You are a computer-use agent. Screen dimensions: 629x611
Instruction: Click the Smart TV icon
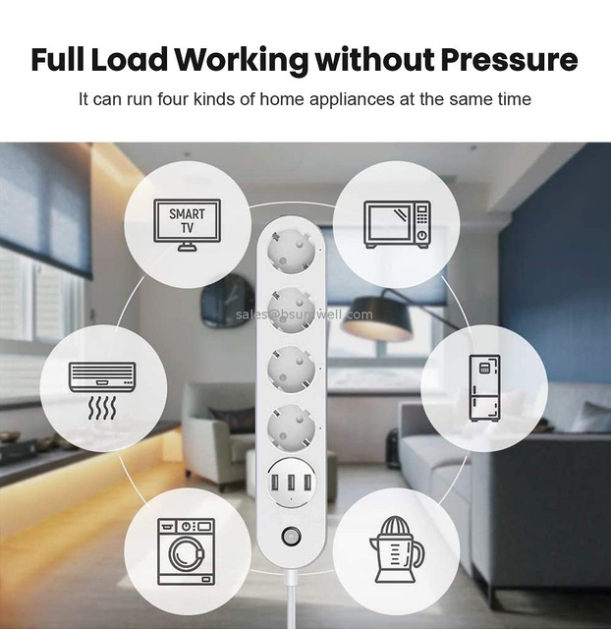[187, 223]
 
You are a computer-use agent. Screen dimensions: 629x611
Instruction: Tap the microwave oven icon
[397, 223]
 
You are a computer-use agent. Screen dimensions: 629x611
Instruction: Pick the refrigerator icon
[483, 387]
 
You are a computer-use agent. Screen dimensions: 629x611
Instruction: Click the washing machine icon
[187, 545]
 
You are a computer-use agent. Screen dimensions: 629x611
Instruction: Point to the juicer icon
[395, 545]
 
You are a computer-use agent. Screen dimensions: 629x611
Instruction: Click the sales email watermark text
[304, 314]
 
